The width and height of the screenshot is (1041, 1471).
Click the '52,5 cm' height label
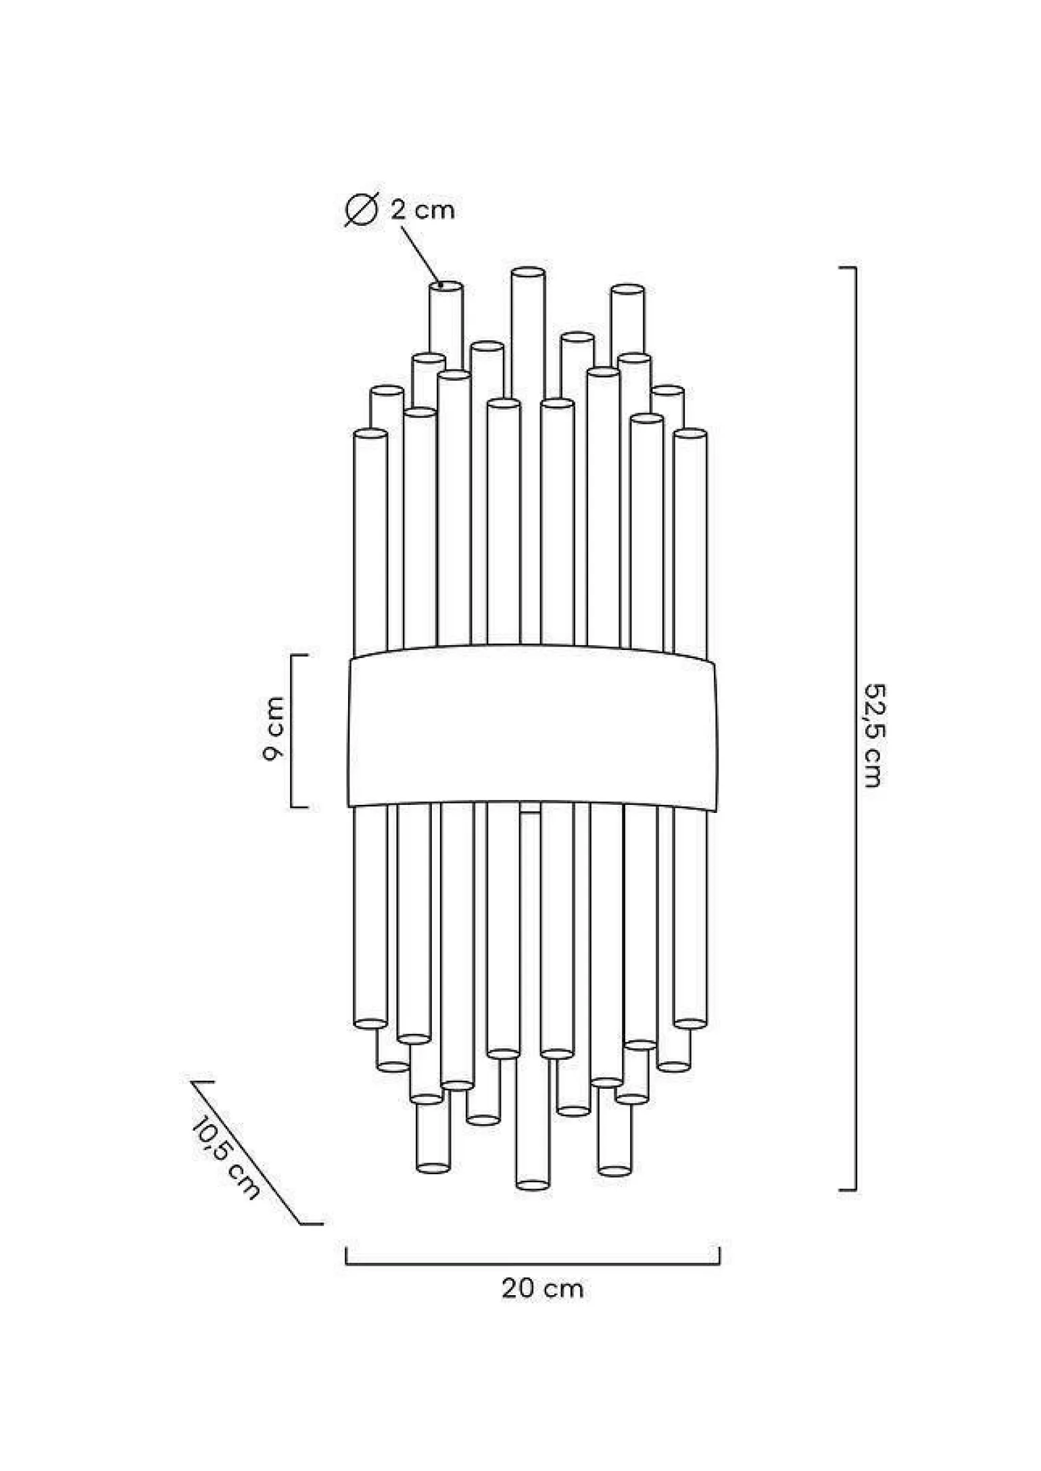(874, 735)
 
